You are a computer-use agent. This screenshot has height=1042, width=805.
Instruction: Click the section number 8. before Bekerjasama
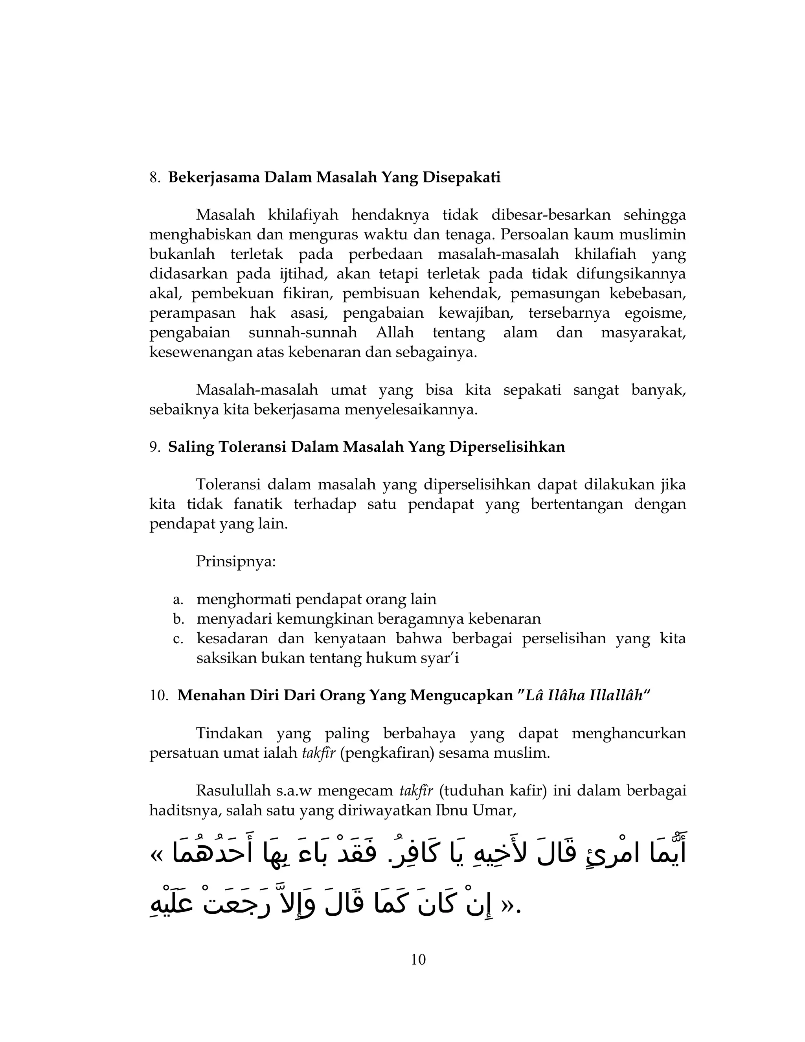154,177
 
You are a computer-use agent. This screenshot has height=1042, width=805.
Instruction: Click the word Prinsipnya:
235,561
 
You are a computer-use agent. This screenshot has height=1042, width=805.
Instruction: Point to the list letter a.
178,599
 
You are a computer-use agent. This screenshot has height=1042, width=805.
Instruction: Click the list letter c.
178,638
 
